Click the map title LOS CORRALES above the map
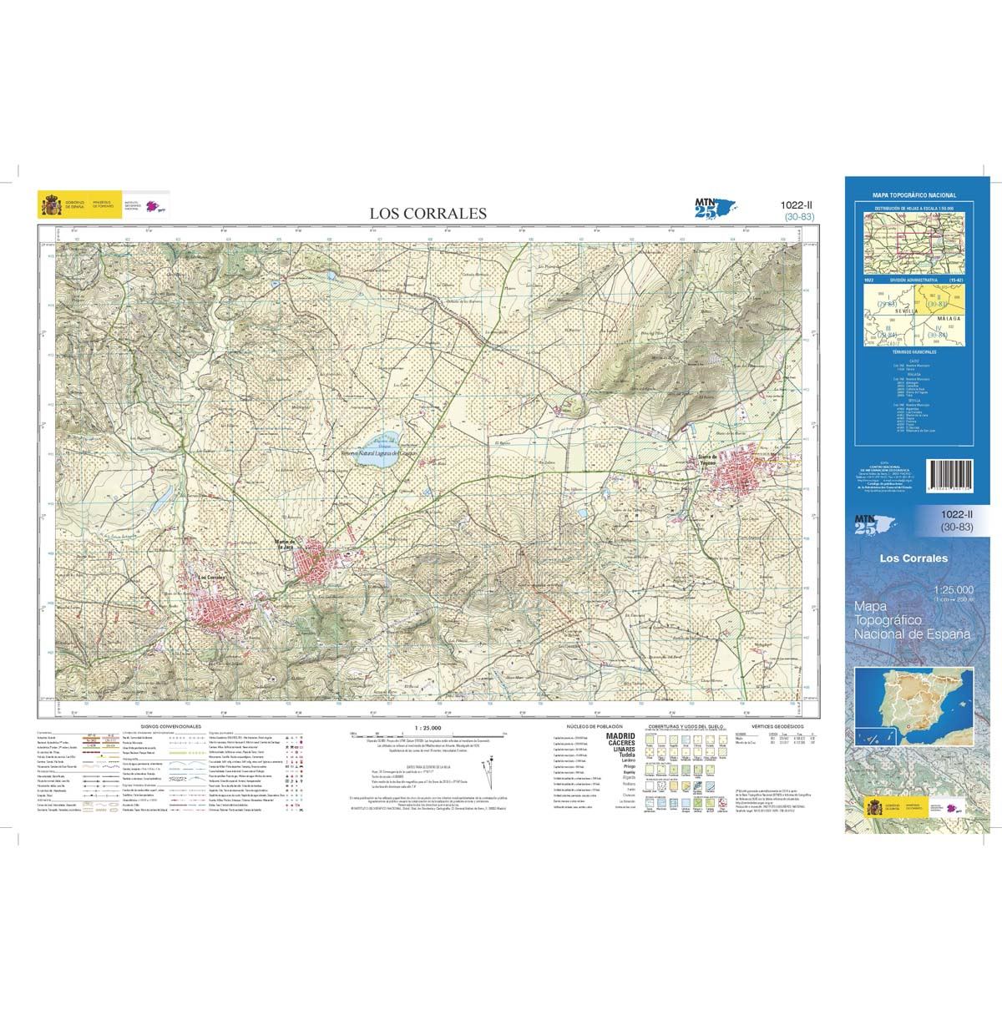click(428, 213)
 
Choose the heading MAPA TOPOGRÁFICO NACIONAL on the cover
click(913, 195)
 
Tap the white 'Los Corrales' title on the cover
click(913, 558)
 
